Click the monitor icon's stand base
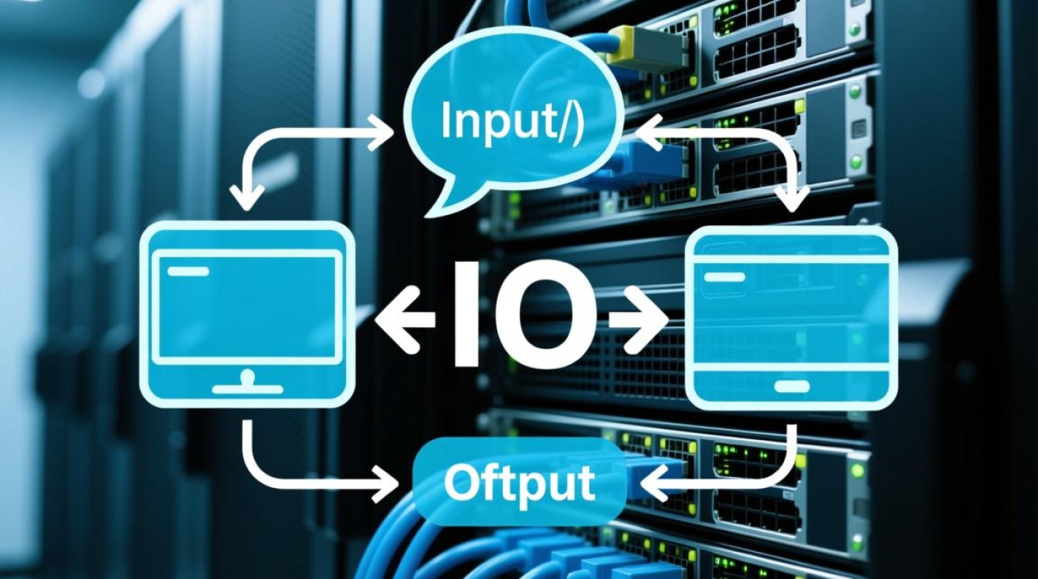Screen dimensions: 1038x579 (x=248, y=388)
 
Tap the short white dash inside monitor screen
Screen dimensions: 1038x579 (x=188, y=271)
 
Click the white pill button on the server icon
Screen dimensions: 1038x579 (x=792, y=386)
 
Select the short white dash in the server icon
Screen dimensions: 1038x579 (x=724, y=277)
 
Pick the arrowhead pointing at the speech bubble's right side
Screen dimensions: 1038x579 (x=650, y=134)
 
